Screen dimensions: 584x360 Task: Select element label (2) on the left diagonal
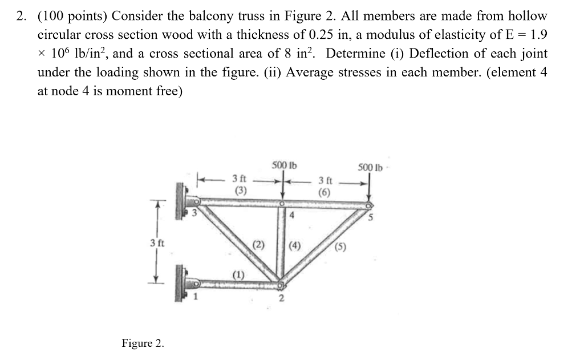click(259, 246)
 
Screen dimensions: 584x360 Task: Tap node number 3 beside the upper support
click(193, 214)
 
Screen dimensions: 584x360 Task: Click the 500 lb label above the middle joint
click(281, 166)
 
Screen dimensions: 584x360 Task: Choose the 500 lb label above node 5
click(370, 167)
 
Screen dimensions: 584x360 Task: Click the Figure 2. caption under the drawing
click(143, 343)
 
